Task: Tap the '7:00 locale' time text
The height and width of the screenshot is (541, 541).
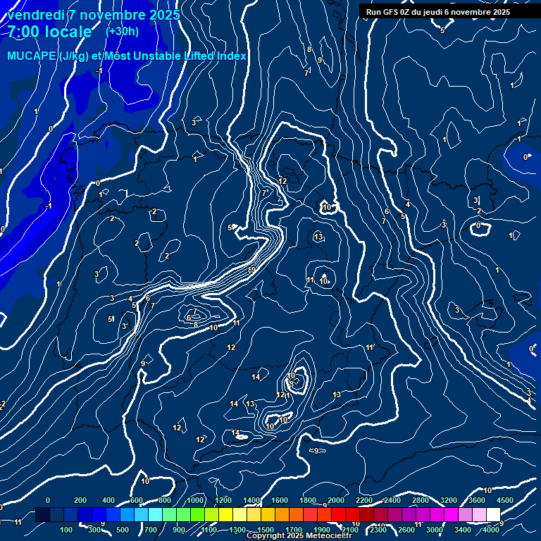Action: pos(50,32)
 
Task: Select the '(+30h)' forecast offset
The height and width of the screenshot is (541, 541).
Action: pos(122,31)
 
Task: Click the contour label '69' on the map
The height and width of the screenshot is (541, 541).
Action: pos(252,270)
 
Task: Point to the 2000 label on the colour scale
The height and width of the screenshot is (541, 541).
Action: pos(336,500)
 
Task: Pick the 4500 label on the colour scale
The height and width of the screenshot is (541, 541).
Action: pos(505,500)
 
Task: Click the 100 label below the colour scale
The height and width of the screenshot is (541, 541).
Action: pos(66,530)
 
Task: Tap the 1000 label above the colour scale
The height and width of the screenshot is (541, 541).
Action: pos(195,500)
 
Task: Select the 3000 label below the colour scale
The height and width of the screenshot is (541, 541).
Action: pos(435,530)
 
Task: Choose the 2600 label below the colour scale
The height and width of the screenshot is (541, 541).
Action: pos(406,530)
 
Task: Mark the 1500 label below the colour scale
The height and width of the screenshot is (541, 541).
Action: pos(266,530)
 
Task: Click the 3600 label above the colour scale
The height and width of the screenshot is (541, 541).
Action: pos(477,500)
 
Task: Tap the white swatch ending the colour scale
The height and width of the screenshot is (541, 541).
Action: pos(493,515)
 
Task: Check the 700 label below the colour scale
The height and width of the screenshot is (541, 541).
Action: pos(151,530)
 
